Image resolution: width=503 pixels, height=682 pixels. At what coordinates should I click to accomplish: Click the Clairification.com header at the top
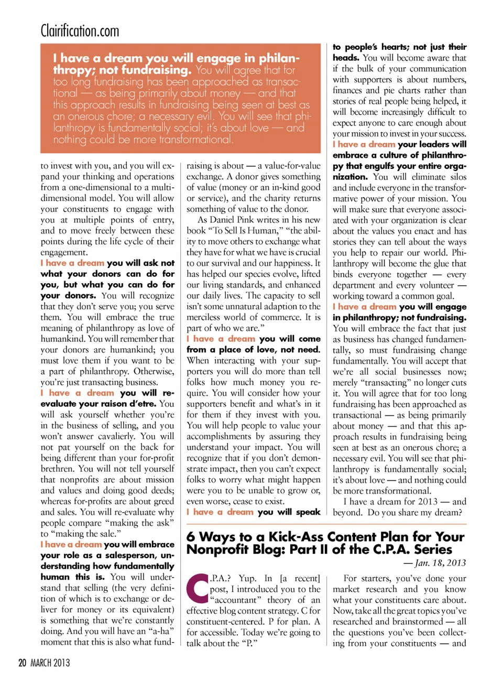click(80, 31)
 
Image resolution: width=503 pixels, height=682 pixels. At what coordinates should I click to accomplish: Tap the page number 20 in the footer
click(22, 663)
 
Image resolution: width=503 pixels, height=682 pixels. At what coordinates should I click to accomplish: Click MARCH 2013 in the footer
click(50, 663)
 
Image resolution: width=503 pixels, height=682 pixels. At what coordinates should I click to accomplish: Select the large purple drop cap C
click(198, 588)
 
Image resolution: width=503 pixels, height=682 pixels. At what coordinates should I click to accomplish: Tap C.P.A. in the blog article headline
click(371, 550)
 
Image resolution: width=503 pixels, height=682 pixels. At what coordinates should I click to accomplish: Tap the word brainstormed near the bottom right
click(417, 622)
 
